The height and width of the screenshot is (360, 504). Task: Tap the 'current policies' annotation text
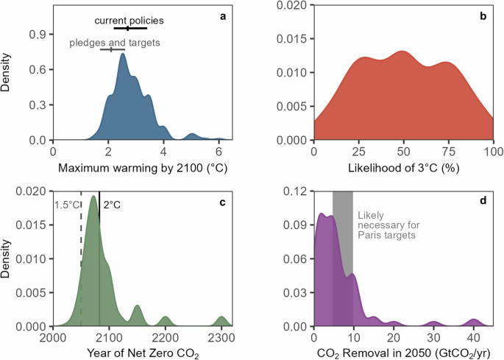coord(129,20)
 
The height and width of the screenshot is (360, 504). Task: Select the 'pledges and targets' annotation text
coord(115,43)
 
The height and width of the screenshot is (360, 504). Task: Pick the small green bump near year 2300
coord(221,322)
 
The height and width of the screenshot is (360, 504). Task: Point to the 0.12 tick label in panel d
coord(295,192)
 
